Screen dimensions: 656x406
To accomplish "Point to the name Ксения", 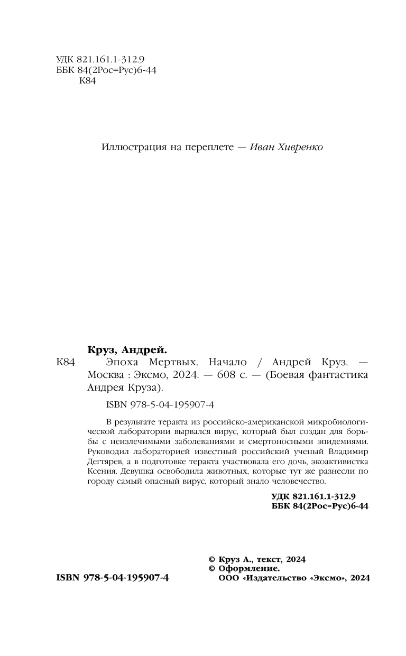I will [101, 470].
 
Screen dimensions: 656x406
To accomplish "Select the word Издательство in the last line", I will [275, 578].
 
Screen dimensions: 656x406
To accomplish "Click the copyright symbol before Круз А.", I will [213, 559].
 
